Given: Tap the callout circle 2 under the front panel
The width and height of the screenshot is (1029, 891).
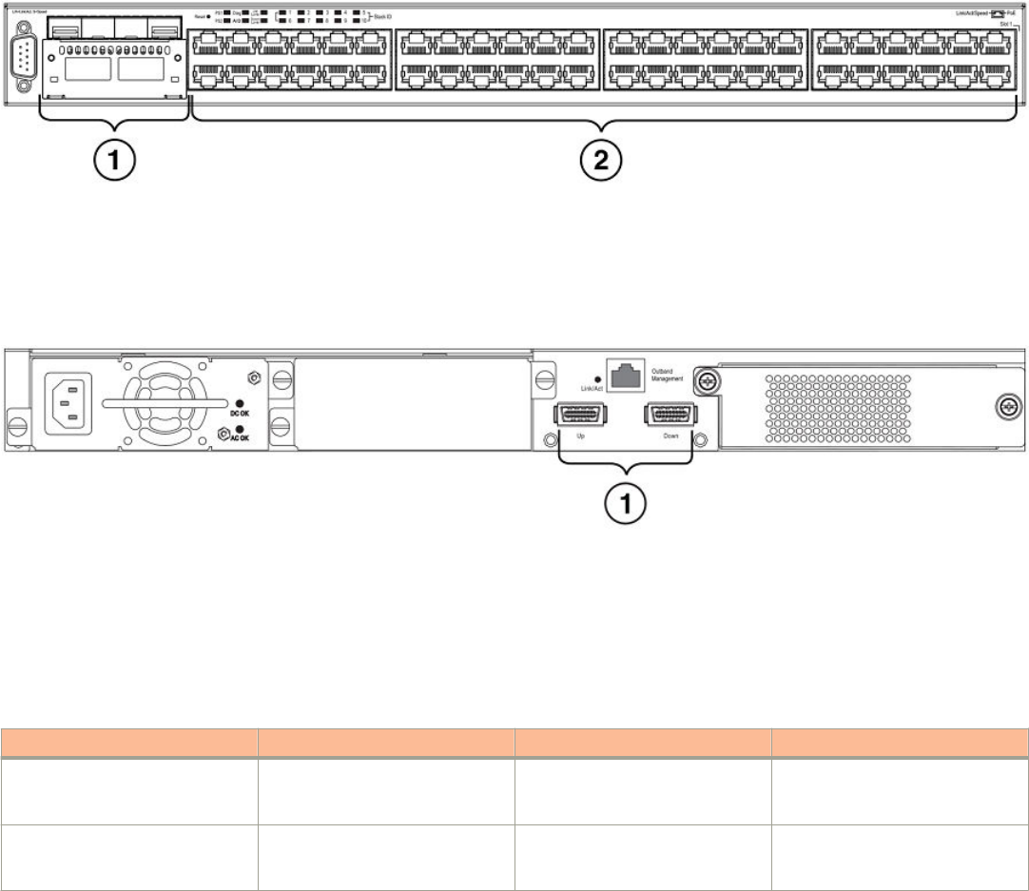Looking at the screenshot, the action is click(x=601, y=163).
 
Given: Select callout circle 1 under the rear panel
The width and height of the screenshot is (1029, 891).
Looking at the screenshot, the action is click(x=624, y=503).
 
